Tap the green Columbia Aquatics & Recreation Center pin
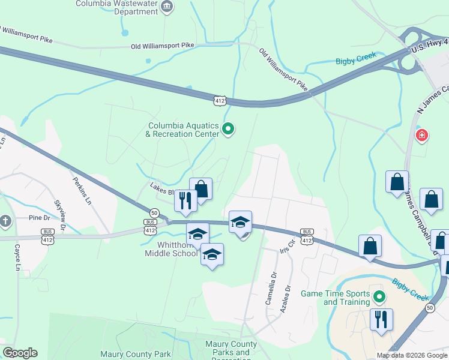[228, 129]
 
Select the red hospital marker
[423, 136]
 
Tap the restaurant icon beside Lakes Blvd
[185, 200]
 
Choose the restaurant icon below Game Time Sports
[381, 319]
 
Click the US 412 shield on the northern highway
[220, 99]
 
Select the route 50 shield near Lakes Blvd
[154, 213]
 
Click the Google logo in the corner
[20, 353]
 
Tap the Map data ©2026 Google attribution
[412, 355]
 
